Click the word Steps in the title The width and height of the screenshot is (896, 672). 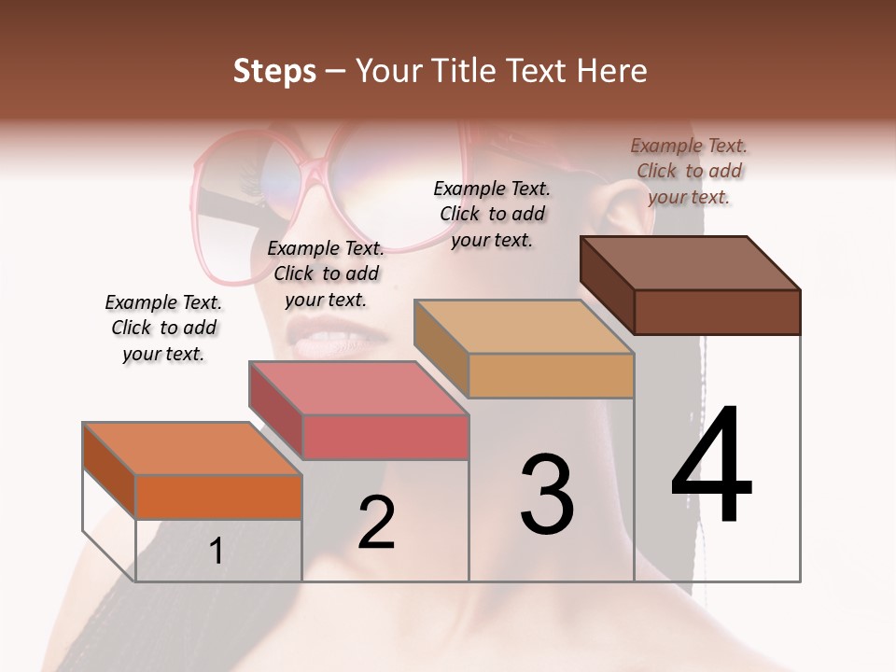click(x=274, y=71)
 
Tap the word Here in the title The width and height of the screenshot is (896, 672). click(x=612, y=71)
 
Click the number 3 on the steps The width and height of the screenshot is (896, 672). click(x=547, y=495)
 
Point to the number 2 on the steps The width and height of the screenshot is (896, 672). click(x=376, y=523)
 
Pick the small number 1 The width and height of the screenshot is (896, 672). click(x=216, y=551)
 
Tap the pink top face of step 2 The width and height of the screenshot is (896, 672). click(x=358, y=388)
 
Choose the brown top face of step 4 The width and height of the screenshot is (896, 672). click(x=691, y=263)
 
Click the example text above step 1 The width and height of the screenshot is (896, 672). click(x=163, y=328)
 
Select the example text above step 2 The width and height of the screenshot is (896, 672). click(x=326, y=273)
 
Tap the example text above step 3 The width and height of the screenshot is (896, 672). click(x=492, y=214)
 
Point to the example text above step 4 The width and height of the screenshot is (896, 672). click(x=689, y=171)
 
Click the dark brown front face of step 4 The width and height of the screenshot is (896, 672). click(x=717, y=312)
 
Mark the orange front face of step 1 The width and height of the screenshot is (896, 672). click(x=218, y=497)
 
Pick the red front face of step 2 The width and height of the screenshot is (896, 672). click(x=385, y=437)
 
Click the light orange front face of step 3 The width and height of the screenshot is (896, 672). click(x=551, y=375)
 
